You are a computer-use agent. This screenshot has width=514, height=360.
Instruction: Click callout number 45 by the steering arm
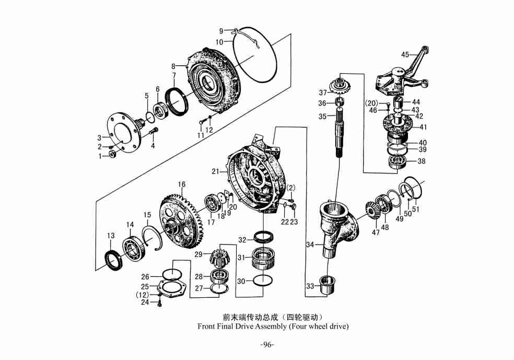pyautogui.click(x=405, y=55)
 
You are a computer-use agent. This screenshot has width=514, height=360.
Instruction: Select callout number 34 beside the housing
pyautogui.click(x=310, y=245)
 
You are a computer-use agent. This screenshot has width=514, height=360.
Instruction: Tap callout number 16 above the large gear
pyautogui.click(x=182, y=184)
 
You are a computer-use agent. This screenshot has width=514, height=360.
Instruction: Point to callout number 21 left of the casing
pyautogui.click(x=215, y=171)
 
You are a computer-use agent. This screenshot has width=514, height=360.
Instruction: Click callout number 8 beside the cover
pyautogui.click(x=173, y=66)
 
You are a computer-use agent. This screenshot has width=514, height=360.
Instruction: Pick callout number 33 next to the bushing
pyautogui.click(x=310, y=286)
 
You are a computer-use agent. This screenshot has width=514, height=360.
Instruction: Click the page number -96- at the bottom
pyautogui.click(x=267, y=344)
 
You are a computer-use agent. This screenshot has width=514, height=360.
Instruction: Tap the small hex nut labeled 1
pyautogui.click(x=112, y=155)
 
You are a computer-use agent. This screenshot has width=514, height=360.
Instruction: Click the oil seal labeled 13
pyautogui.click(x=111, y=259)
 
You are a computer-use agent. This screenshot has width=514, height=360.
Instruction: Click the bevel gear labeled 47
pyautogui.click(x=372, y=211)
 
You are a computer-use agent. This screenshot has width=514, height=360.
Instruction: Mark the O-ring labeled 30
pyautogui.click(x=262, y=281)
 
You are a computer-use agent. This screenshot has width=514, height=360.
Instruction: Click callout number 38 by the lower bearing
pyautogui.click(x=421, y=161)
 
